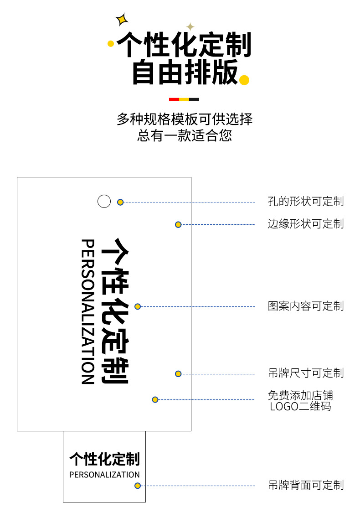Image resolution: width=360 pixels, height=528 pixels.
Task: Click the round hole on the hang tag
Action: pyautogui.click(x=104, y=201)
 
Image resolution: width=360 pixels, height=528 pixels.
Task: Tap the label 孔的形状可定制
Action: pyautogui.click(x=305, y=201)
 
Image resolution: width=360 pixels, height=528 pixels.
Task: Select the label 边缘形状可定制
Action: pyautogui.click(x=305, y=224)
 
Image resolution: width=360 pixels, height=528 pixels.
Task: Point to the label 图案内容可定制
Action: pyautogui.click(x=305, y=306)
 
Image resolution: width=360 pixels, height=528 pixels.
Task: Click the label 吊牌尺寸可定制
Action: pyautogui.click(x=305, y=373)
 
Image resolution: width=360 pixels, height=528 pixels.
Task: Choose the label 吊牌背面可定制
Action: pyautogui.click(x=305, y=485)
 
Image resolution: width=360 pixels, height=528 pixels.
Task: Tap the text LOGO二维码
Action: pyautogui.click(x=300, y=406)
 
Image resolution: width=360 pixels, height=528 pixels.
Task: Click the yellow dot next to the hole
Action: pyautogui.click(x=120, y=202)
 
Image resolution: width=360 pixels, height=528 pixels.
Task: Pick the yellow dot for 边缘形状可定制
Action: pyautogui.click(x=178, y=224)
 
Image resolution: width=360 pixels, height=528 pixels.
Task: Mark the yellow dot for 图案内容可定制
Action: pyautogui.click(x=138, y=306)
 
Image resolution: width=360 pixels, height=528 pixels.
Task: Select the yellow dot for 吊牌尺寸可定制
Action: pyautogui.click(x=178, y=374)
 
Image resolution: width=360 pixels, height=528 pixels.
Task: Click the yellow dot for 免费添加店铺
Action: pyautogui.click(x=155, y=399)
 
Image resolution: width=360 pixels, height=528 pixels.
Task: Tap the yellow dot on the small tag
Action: pyautogui.click(x=137, y=486)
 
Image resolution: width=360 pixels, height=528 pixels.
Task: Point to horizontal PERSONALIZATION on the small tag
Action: pyautogui.click(x=104, y=475)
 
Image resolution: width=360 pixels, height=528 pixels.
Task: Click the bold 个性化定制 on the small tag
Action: pyautogui.click(x=104, y=459)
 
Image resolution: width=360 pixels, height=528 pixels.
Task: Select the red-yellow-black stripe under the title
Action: pyautogui.click(x=184, y=99)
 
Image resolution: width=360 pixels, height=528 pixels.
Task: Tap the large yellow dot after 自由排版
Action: pyautogui.click(x=244, y=80)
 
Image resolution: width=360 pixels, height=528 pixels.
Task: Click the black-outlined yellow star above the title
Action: pyautogui.click(x=122, y=20)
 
